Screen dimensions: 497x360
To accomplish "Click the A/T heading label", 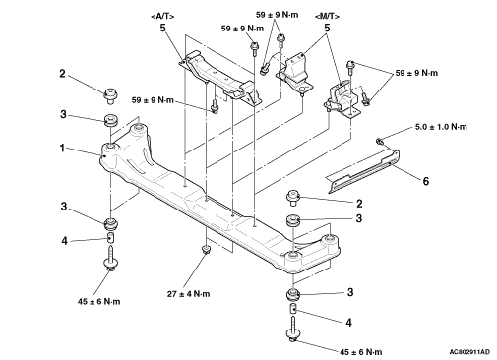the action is (162, 16).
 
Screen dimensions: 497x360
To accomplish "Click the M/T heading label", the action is (327, 16).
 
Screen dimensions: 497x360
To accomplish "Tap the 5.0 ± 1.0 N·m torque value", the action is (441, 127).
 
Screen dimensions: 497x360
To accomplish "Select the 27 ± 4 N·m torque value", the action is (188, 294).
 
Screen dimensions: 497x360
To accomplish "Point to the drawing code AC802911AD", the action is (469, 352).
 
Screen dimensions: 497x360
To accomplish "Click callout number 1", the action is (62, 149).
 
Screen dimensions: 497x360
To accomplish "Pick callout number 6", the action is (425, 181).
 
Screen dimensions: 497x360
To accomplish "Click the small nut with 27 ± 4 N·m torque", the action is (206, 250).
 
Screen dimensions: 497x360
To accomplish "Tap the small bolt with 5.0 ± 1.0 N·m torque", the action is (380, 142).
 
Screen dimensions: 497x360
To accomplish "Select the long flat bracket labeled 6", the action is (363, 171).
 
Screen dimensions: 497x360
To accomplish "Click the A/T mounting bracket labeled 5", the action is (220, 78).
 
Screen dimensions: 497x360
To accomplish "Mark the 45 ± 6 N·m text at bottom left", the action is (98, 301).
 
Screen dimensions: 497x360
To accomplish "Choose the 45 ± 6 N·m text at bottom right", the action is (360, 352).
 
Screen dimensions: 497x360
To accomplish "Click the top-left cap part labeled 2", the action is (110, 95).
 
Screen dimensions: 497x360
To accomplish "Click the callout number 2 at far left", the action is (62, 74).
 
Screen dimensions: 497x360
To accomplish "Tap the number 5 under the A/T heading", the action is (163, 29).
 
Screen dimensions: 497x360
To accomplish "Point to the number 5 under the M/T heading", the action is (327, 29).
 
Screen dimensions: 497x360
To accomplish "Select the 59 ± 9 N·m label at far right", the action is (416, 73).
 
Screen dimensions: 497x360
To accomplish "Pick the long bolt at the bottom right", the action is (293, 329).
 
